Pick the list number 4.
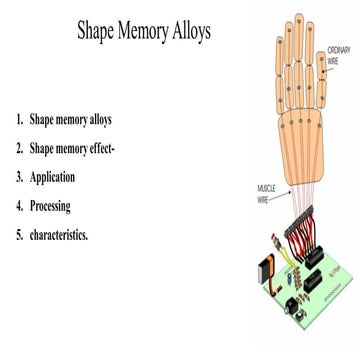(x=18, y=208)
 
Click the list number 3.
(x=18, y=178)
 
